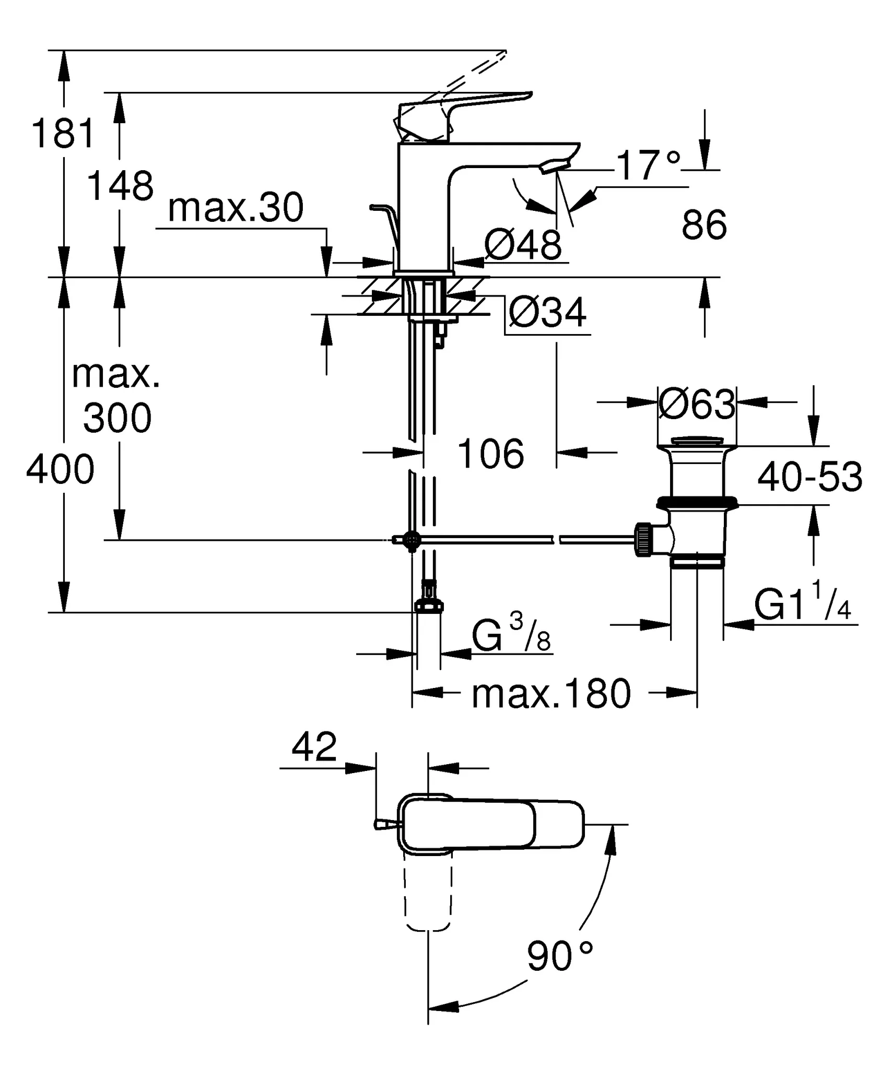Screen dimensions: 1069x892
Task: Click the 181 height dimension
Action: pos(63,133)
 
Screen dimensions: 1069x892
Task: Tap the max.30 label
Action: pos(236,208)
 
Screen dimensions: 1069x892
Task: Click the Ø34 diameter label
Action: pos(547,313)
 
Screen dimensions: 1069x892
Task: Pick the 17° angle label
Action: pos(648,165)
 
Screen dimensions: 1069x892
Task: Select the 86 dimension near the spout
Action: pos(703,225)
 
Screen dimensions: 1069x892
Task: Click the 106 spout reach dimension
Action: pos(490,454)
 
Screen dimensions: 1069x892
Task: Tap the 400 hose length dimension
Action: pos(60,469)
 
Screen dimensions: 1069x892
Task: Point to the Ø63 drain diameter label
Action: pos(697,404)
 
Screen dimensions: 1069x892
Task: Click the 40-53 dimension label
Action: pos(809,477)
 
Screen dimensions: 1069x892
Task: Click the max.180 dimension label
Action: pos(551,694)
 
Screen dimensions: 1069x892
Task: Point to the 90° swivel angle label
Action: pos(559,956)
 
